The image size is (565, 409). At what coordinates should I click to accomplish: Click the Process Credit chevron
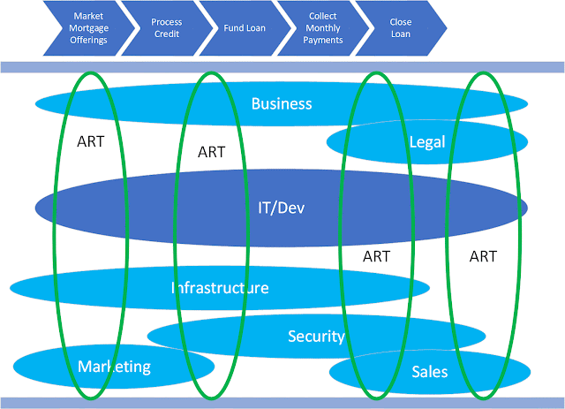(x=167, y=28)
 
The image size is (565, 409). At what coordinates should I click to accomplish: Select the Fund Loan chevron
(x=245, y=28)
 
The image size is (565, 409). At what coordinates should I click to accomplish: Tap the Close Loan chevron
(x=401, y=28)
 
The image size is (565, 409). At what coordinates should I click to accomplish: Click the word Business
(x=282, y=103)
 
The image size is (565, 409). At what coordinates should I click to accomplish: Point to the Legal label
(x=427, y=142)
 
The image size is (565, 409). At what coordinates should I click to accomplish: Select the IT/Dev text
(x=281, y=208)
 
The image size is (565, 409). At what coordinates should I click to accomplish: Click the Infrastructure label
(x=220, y=288)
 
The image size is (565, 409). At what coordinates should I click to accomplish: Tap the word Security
(x=316, y=337)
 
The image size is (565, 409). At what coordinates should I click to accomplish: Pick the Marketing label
(x=114, y=367)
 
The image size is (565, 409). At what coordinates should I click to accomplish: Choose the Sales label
(x=430, y=372)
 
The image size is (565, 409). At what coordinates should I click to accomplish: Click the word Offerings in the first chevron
(x=88, y=40)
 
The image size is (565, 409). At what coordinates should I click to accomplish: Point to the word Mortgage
(x=88, y=28)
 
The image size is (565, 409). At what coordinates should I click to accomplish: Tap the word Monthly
(x=323, y=28)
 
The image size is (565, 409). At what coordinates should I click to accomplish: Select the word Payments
(x=323, y=40)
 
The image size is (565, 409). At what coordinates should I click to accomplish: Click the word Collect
(x=323, y=16)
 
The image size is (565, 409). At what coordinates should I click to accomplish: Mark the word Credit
(x=167, y=34)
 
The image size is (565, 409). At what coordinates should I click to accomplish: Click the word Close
(x=401, y=22)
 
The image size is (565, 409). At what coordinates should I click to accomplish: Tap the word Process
(x=167, y=22)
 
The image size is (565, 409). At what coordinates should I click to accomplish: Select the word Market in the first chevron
(x=88, y=16)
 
